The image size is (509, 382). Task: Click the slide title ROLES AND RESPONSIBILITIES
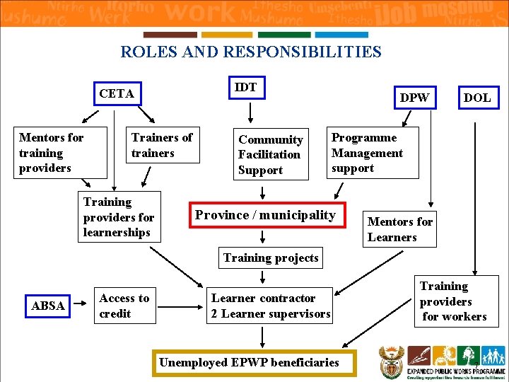(251, 52)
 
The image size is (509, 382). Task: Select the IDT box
(246, 88)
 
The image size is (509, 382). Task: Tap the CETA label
(117, 93)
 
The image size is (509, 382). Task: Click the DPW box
(414, 98)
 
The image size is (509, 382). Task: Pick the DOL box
(476, 98)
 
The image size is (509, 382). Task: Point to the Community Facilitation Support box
(271, 155)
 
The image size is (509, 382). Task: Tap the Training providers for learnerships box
(119, 217)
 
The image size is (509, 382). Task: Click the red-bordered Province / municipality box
(266, 215)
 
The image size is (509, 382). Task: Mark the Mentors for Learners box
(400, 229)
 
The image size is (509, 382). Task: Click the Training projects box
(271, 258)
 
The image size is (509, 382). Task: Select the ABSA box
(48, 306)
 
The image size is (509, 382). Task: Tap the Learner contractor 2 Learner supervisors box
(271, 306)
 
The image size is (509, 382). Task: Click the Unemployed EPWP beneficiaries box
(249, 362)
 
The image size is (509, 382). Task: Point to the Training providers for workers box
(454, 301)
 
